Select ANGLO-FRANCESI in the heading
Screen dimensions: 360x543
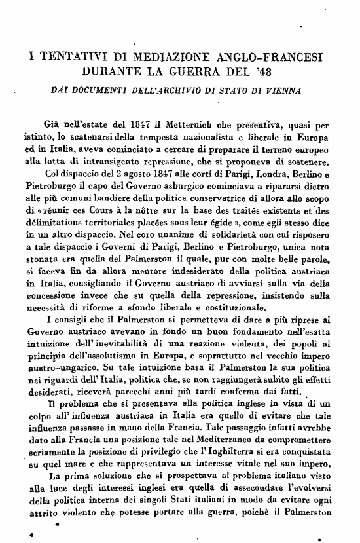[x=278, y=56]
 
